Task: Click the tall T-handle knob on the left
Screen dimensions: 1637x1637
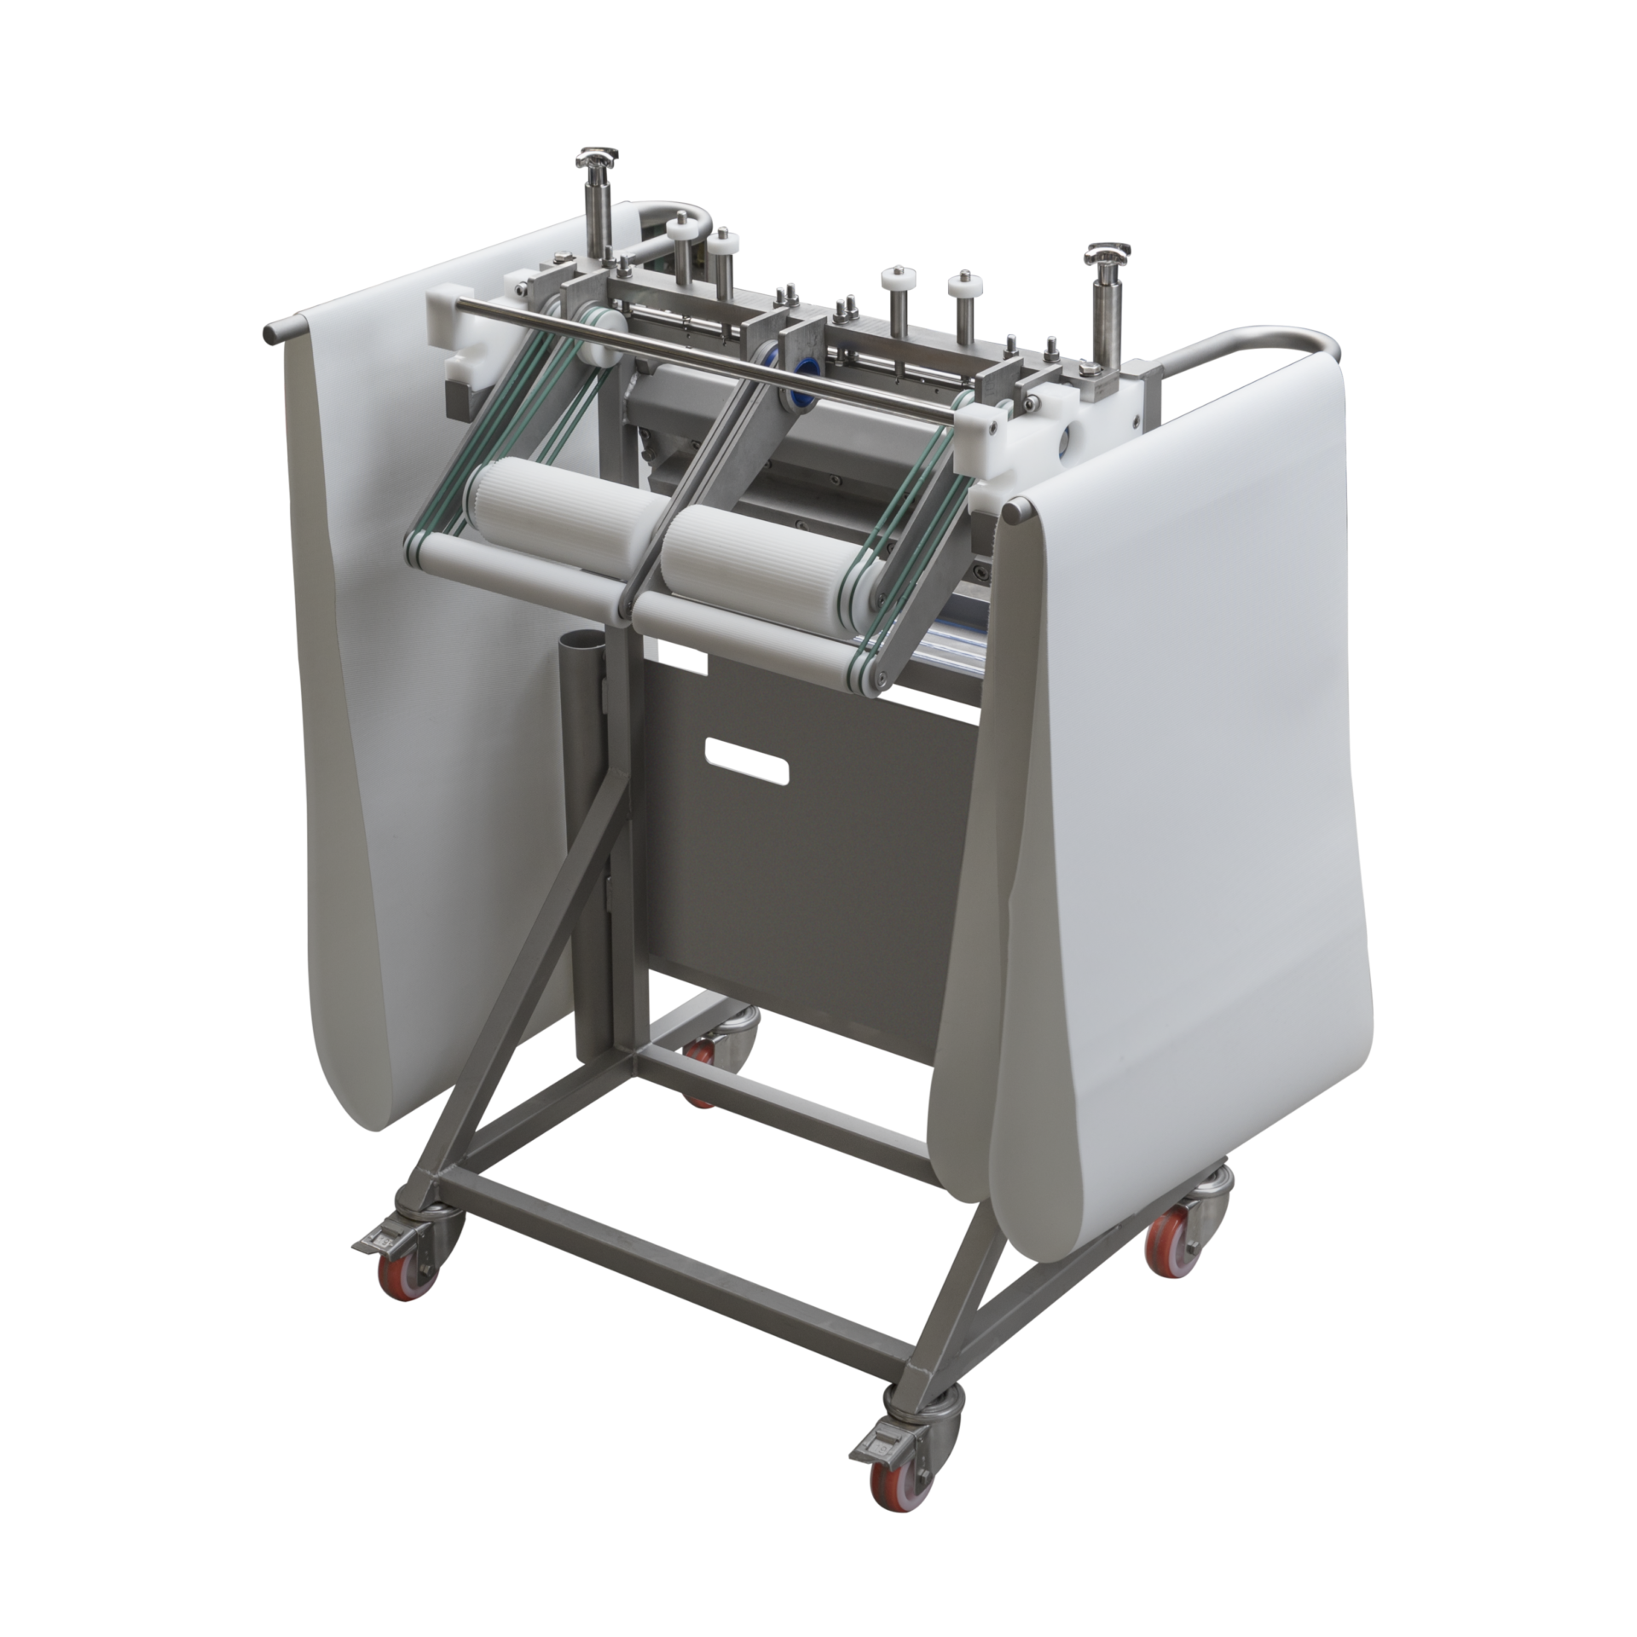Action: tap(589, 158)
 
